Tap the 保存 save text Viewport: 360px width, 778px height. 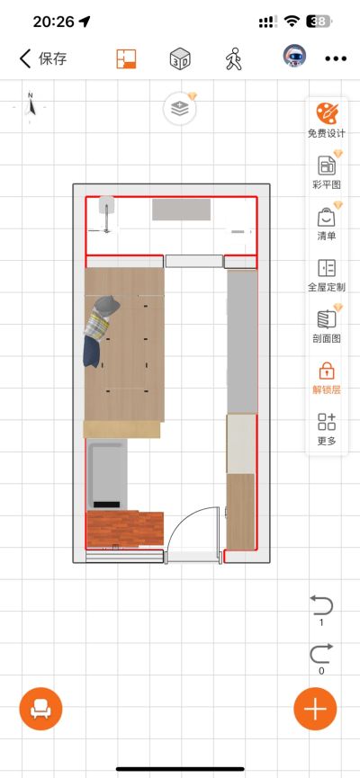click(52, 58)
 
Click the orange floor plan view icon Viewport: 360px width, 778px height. click(126, 58)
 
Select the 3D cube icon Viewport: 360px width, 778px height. click(180, 59)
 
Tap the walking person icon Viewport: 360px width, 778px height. click(233, 59)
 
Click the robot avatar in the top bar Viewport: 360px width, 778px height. click(294, 56)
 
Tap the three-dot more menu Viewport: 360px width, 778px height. click(336, 58)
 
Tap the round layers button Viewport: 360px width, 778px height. click(180, 109)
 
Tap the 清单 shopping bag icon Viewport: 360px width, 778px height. click(327, 217)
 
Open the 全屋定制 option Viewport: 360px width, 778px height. click(327, 268)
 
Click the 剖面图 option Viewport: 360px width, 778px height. click(327, 319)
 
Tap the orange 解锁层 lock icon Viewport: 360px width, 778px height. click(327, 371)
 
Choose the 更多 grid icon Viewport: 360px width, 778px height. click(327, 422)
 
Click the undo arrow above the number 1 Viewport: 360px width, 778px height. click(321, 606)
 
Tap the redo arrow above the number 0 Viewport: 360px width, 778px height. click(321, 654)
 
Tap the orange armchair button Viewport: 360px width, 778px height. click(40, 709)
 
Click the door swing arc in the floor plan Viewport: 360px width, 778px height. click(184, 518)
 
